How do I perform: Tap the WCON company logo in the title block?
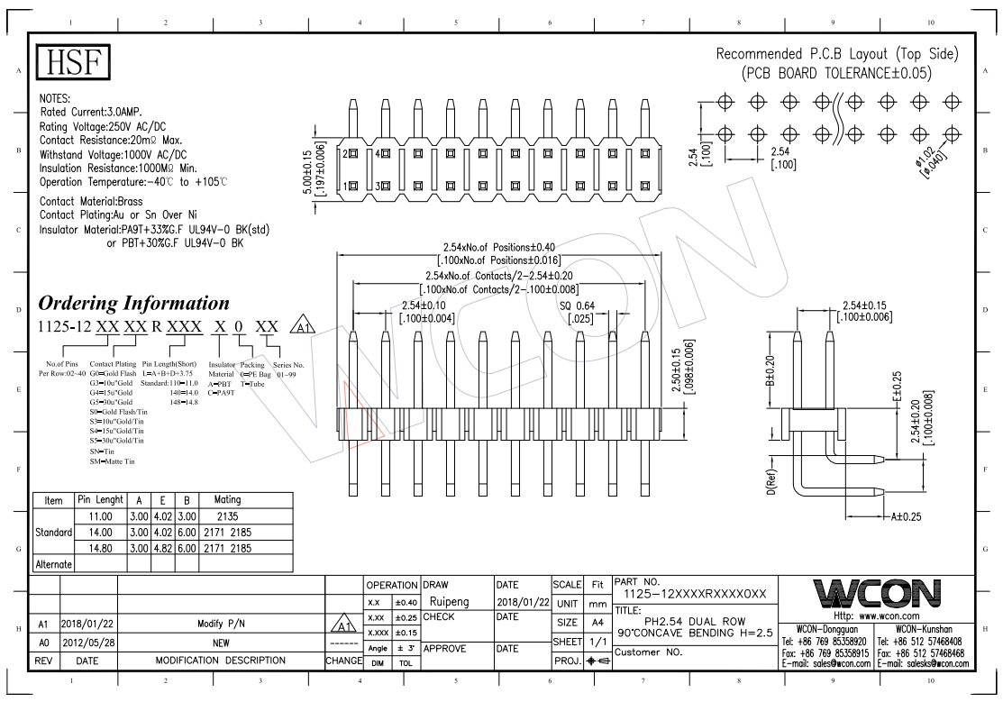coord(876,594)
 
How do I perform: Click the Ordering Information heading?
coord(133,302)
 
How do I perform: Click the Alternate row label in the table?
coord(54,563)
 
